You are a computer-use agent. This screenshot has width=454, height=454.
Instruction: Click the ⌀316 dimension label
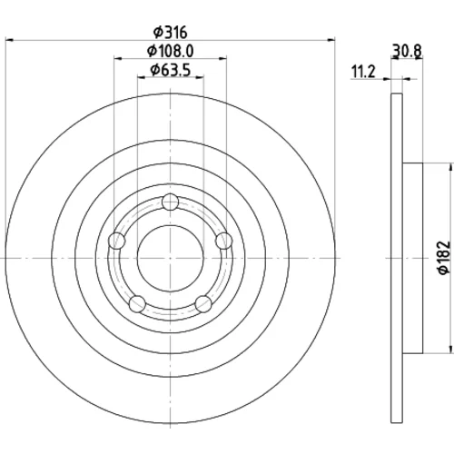(171, 33)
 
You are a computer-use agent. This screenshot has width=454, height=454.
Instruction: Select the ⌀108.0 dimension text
(171, 51)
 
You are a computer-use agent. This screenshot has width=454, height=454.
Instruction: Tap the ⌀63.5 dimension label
(171, 71)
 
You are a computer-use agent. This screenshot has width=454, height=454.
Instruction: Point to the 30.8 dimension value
(407, 51)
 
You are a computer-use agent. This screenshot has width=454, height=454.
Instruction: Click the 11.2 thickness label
(363, 72)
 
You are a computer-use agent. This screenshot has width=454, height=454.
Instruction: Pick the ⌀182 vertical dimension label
(444, 258)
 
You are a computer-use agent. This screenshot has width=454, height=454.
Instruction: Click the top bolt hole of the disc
(170, 202)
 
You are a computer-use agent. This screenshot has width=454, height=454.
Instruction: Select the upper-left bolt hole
(116, 241)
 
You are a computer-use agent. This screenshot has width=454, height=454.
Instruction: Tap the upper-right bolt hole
(224, 241)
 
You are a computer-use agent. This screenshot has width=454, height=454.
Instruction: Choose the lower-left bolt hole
(137, 304)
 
